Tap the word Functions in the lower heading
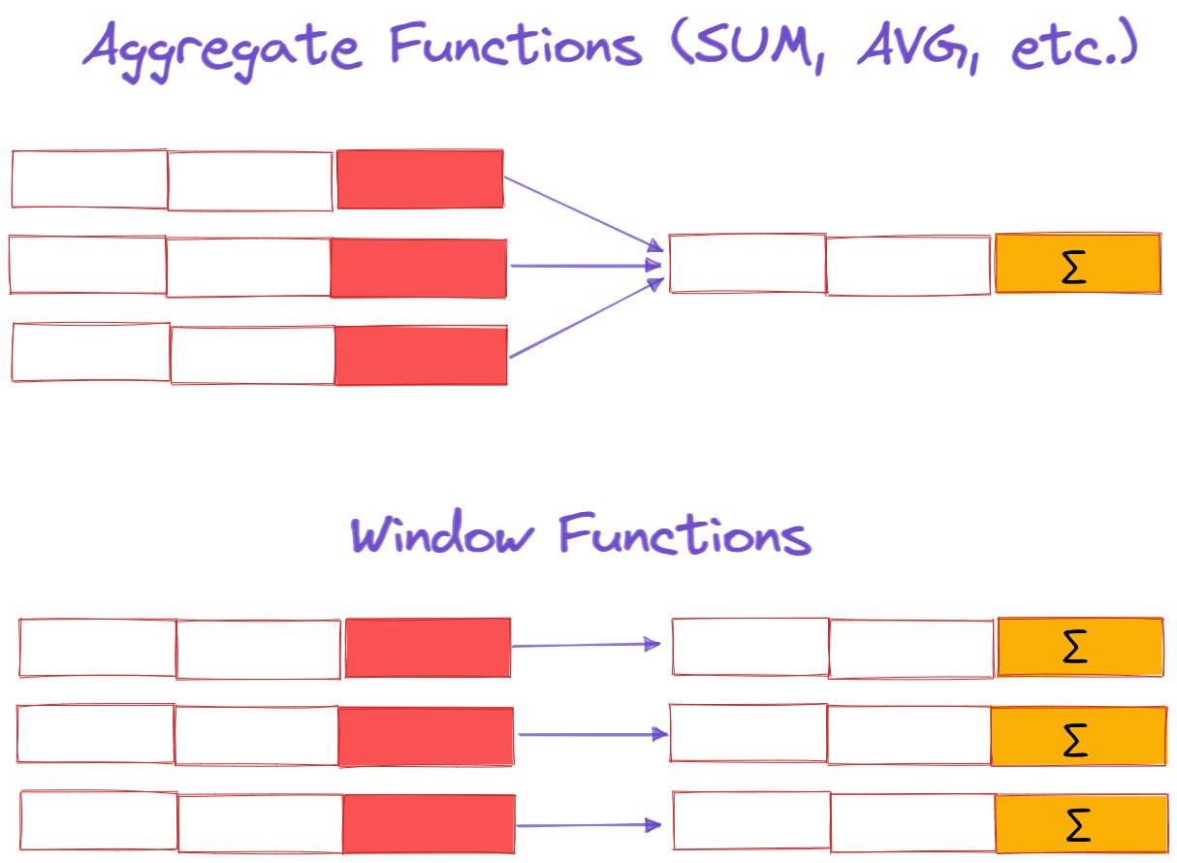685,533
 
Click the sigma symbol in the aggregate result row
1073,267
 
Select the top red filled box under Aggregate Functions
421,178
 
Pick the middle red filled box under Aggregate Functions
419,268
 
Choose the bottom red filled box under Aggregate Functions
422,355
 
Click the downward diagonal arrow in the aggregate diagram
584,214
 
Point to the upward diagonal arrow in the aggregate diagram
587,317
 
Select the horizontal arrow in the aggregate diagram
587,266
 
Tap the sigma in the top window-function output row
1074,647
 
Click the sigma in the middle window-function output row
1075,740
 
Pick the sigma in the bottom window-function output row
1078,825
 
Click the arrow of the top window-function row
586,645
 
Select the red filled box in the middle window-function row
426,736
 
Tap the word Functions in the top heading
516,45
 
